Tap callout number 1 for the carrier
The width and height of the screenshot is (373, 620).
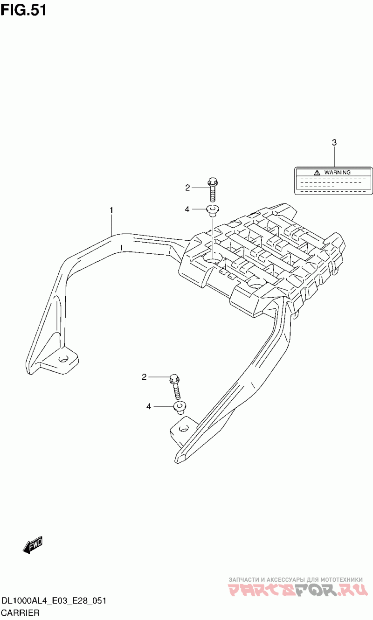(x=111, y=211)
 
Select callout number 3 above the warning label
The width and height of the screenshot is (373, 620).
(x=334, y=143)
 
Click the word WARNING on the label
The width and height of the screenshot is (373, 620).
(x=337, y=172)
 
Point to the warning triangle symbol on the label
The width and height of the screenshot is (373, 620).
(x=317, y=172)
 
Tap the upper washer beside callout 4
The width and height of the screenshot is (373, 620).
(x=213, y=209)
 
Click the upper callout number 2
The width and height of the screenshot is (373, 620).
(x=187, y=188)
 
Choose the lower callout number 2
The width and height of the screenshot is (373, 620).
(x=144, y=376)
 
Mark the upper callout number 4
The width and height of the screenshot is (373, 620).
(x=187, y=209)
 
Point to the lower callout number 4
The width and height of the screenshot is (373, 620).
(x=149, y=407)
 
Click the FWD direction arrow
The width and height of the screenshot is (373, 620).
(x=33, y=544)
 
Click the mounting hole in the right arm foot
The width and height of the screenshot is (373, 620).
(x=184, y=428)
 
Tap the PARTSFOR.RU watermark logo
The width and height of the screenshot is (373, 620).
(x=298, y=590)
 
